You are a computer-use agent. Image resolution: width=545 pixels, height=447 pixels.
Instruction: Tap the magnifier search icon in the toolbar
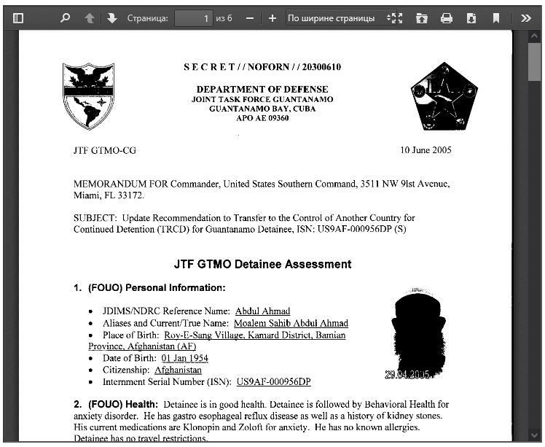(x=65, y=18)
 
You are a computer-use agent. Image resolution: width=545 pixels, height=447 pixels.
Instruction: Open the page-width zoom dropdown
(x=336, y=18)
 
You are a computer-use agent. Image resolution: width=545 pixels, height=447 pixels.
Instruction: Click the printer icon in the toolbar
(x=447, y=18)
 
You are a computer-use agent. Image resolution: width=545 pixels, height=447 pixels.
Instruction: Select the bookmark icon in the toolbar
(x=496, y=18)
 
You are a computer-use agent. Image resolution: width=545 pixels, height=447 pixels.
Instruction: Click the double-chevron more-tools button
(x=526, y=18)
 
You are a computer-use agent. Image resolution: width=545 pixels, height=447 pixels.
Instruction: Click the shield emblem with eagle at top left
(x=89, y=96)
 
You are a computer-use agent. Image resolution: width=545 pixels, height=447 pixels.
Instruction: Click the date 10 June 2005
(x=426, y=151)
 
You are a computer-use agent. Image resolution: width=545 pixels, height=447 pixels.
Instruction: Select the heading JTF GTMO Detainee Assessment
(x=262, y=264)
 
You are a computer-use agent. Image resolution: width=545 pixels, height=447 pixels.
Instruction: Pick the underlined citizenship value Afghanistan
(x=178, y=370)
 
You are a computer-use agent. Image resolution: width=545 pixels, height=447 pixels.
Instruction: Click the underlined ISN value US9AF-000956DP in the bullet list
(x=273, y=381)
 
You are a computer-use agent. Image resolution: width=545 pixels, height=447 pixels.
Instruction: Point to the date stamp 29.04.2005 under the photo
(x=408, y=374)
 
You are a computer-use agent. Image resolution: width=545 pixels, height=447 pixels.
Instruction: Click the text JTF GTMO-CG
(x=105, y=151)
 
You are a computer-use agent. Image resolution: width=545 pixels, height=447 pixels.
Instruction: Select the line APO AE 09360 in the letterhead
(x=262, y=117)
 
